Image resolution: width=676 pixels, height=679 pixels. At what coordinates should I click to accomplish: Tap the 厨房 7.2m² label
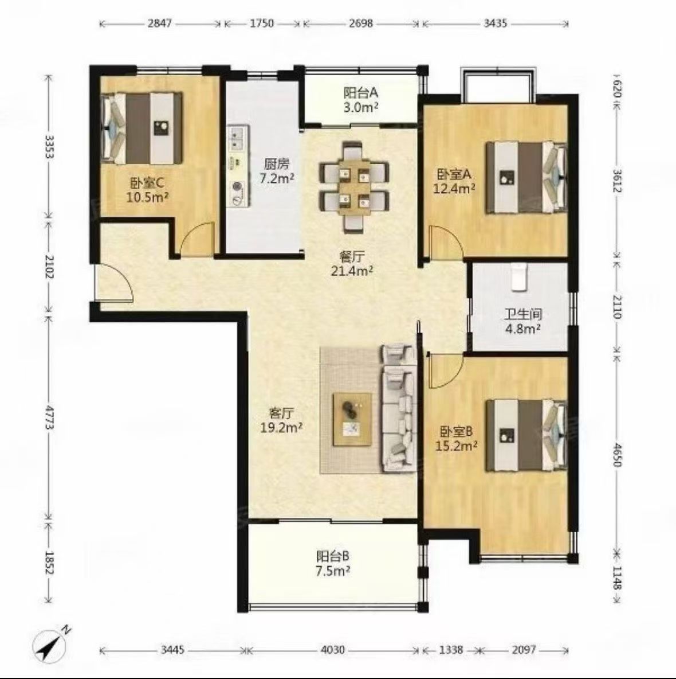pyautogui.click(x=277, y=171)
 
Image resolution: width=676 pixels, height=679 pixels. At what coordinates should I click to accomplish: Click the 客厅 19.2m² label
pyautogui.click(x=281, y=420)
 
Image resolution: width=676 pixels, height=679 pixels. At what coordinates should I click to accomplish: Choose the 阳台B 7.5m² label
pyautogui.click(x=333, y=563)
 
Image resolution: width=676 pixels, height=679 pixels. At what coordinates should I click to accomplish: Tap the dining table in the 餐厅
pyautogui.click(x=354, y=189)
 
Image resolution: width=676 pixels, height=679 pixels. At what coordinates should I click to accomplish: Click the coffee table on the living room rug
pyautogui.click(x=352, y=419)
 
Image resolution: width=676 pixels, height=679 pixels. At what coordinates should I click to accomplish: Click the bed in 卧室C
pyautogui.click(x=142, y=128)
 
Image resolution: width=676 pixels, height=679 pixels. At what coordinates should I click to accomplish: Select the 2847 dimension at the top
pyautogui.click(x=160, y=24)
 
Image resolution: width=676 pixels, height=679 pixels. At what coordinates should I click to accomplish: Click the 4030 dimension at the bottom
pyautogui.click(x=333, y=650)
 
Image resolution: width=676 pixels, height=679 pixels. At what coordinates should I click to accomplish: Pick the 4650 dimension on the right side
pyautogui.click(x=617, y=454)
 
